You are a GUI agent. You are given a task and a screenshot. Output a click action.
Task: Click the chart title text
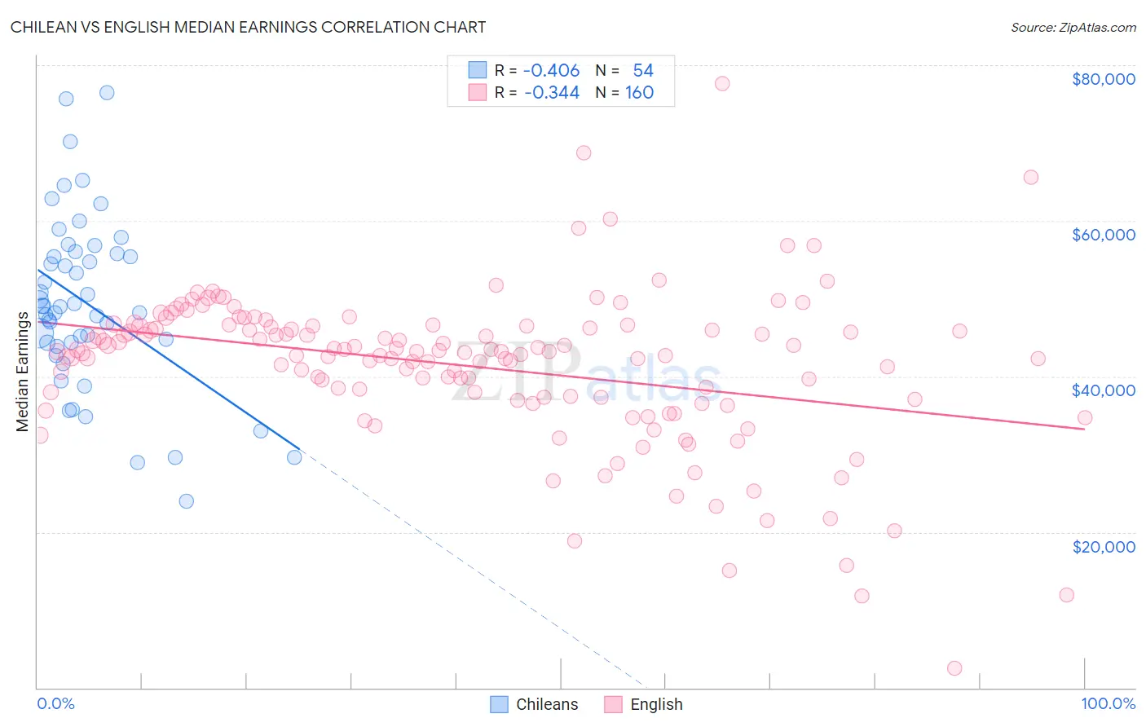(x=248, y=27)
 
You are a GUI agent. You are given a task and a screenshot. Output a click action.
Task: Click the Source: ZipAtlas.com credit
(x=1073, y=27)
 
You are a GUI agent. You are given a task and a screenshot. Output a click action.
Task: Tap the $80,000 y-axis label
(x=1103, y=79)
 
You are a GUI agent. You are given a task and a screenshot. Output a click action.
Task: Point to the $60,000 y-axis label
(x=1103, y=235)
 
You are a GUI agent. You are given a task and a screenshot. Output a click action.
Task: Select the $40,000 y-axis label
(x=1103, y=390)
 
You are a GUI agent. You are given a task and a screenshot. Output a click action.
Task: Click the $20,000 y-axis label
(x=1103, y=546)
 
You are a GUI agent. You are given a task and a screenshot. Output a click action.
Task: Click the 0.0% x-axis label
(x=55, y=703)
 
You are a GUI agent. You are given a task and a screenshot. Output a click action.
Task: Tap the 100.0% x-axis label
(x=1108, y=703)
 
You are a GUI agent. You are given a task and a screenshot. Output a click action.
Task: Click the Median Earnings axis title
(x=22, y=372)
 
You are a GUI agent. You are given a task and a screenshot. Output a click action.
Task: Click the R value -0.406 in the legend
(x=551, y=71)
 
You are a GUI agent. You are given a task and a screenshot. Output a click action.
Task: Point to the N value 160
(x=639, y=92)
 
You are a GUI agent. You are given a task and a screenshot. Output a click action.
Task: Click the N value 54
(x=643, y=71)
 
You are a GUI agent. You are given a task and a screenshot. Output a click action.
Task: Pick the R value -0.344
(x=551, y=92)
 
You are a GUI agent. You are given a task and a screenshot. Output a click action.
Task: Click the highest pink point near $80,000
(x=721, y=83)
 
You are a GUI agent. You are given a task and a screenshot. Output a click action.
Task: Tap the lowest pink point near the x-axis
(x=954, y=668)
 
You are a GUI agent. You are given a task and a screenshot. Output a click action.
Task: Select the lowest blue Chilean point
(x=187, y=501)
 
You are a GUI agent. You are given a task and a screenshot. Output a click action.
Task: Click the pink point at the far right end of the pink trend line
(x=1084, y=418)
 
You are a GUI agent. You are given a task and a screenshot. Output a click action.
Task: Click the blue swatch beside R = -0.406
(x=477, y=71)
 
